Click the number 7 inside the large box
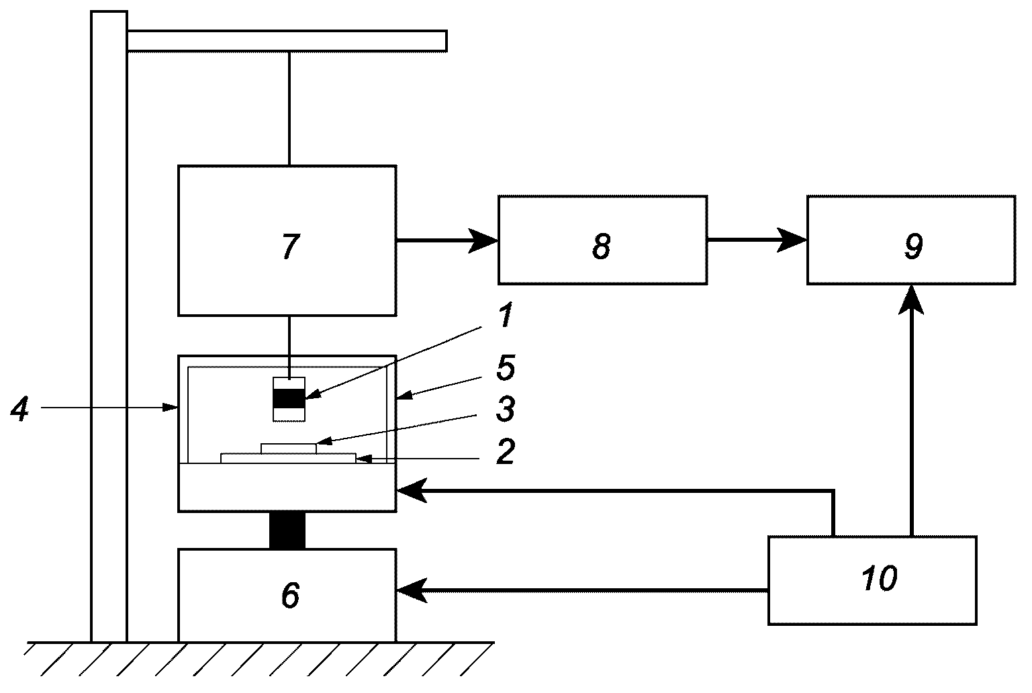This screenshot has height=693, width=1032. tap(291, 246)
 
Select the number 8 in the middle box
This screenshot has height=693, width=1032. tap(601, 246)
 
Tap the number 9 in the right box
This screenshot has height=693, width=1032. tap(913, 246)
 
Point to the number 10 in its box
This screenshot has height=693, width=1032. tap(879, 578)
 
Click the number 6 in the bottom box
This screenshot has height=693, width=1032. tap(291, 595)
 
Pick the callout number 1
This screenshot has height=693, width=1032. tap(506, 316)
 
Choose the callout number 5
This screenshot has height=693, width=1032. tap(506, 368)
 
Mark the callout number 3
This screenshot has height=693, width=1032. tap(506, 409)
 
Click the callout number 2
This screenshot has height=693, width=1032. tap(506, 451)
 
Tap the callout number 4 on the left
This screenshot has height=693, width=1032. tap(19, 409)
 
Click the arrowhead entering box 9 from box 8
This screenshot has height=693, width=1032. tap(792, 240)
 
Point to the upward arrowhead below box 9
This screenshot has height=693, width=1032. tap(911, 300)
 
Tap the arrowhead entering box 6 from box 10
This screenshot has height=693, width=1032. tap(412, 590)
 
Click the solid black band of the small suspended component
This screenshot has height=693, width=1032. tap(289, 399)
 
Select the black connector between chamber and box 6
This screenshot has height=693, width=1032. tap(287, 530)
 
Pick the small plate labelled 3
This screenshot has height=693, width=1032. tap(289, 449)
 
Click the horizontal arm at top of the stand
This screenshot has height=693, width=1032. tap(287, 41)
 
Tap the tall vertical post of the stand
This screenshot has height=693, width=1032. tap(109, 326)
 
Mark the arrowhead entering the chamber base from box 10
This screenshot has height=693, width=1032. tap(412, 491)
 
